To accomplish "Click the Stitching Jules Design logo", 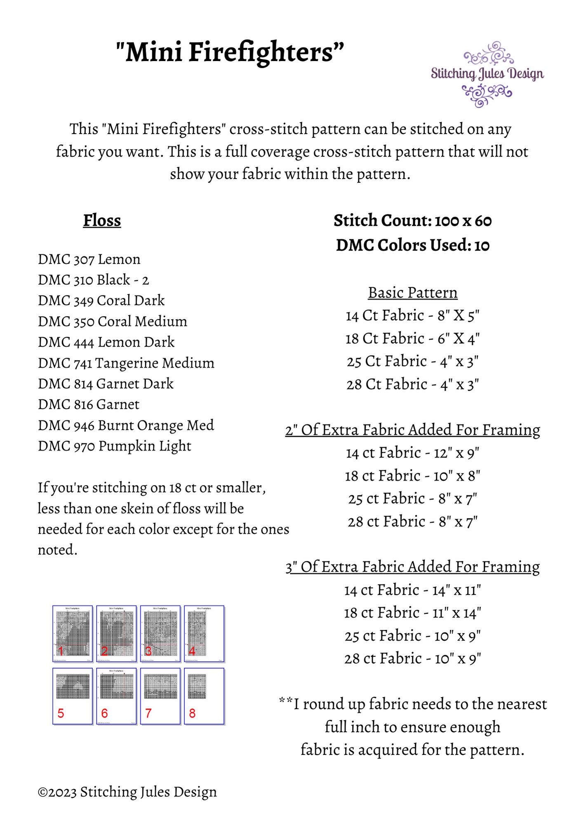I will [x=487, y=75].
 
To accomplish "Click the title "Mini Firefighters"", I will [x=230, y=52].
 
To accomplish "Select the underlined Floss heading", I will [x=102, y=221].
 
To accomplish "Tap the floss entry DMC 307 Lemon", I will [x=89, y=259].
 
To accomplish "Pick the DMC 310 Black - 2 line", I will [x=93, y=280].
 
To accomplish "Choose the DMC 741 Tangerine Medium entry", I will [x=126, y=363].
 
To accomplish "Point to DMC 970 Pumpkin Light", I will [x=115, y=446].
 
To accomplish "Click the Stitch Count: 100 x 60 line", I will [x=412, y=221].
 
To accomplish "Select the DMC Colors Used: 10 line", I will [x=412, y=245].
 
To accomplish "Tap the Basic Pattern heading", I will [x=412, y=293].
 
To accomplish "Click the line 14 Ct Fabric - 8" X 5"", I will [x=412, y=316].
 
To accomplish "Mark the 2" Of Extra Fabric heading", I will [x=412, y=430].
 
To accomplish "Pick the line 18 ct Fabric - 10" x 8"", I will [x=412, y=476].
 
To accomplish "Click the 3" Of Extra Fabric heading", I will [x=412, y=567].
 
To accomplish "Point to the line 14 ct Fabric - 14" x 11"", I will [x=412, y=590].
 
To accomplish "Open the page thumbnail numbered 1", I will [x=73, y=633].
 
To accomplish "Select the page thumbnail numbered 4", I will [x=204, y=633].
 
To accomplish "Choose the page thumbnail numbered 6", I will [x=116, y=696].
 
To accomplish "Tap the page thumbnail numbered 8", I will [x=204, y=696].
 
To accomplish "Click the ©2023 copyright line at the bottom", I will [x=127, y=792].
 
